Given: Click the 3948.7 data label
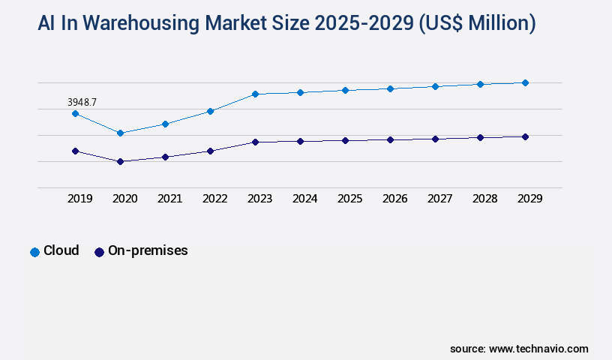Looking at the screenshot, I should [x=82, y=101].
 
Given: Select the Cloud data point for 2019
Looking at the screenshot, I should [x=75, y=113].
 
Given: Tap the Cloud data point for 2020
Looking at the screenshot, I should [x=120, y=133].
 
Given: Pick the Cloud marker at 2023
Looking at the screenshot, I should [x=255, y=94].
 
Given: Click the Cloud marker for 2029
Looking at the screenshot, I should [x=525, y=82].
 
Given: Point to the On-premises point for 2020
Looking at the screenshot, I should [x=120, y=161].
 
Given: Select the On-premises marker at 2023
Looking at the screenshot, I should [x=255, y=142].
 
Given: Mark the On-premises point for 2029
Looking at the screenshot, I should [x=525, y=136].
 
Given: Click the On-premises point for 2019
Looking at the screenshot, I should [x=75, y=151].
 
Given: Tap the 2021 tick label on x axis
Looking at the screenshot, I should [x=169, y=199].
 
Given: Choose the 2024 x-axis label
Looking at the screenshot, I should [x=304, y=199].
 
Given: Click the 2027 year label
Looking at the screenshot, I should [x=439, y=199].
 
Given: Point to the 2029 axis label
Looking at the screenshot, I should [x=529, y=199].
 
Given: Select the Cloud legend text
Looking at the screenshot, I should [x=61, y=250].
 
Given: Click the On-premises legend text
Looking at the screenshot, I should [x=148, y=250].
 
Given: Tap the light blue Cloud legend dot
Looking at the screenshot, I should [x=34, y=252].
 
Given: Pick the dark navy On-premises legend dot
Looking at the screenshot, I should [x=99, y=252].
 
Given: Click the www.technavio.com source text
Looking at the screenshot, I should [x=538, y=349].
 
